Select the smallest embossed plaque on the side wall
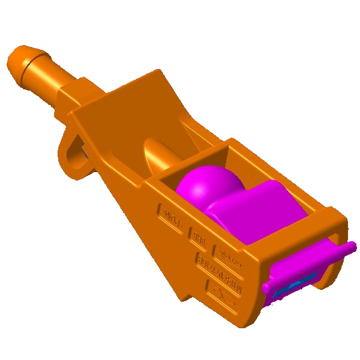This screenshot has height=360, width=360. (196, 236)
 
